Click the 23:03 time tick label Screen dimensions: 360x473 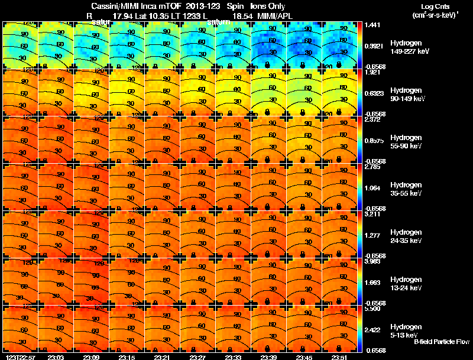pyautogui.click(x=56, y=357)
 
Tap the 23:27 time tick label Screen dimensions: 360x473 pyautogui.click(x=197, y=357)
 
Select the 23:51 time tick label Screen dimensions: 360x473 pyautogui.click(x=339, y=357)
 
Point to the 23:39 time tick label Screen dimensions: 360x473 pyautogui.click(x=268, y=357)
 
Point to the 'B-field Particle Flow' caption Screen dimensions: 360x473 pyautogui.click(x=441, y=342)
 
